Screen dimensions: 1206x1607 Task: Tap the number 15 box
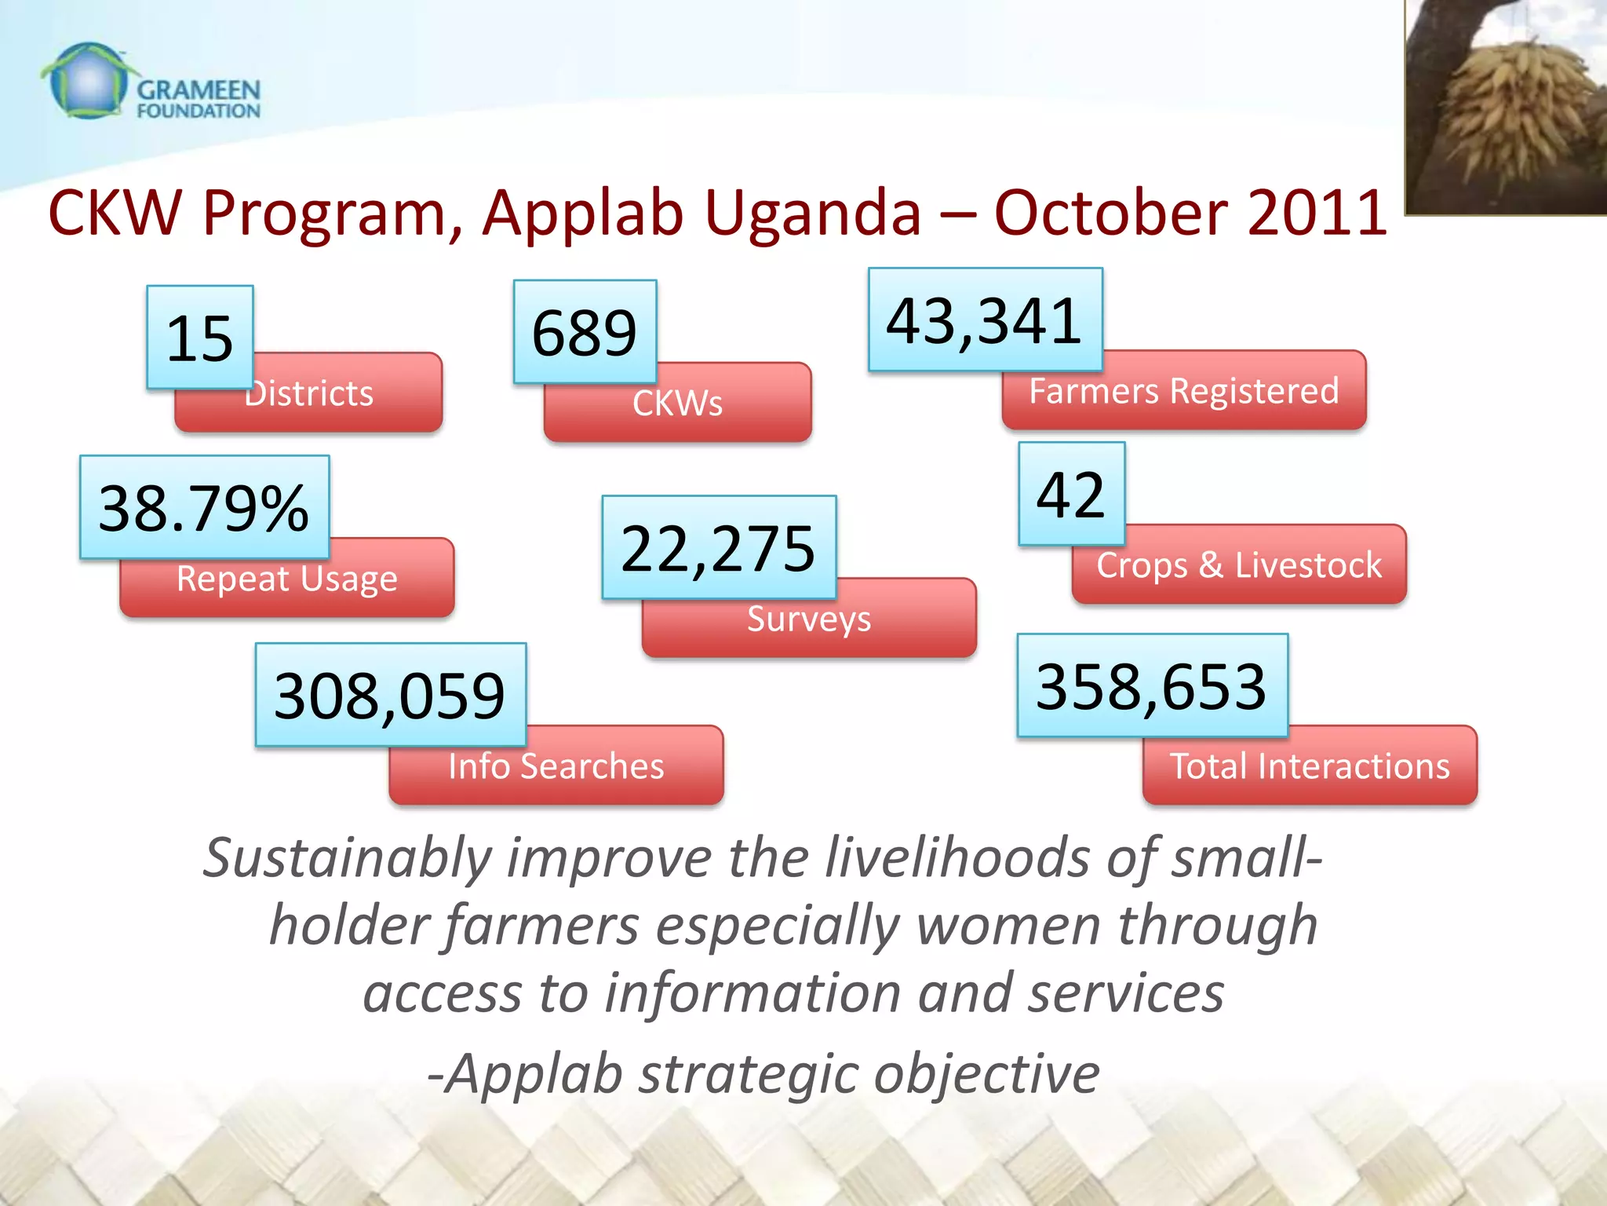[200, 338]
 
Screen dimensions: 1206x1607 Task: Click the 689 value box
[585, 332]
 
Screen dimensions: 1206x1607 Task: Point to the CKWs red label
[678, 404]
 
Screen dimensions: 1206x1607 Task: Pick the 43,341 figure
[985, 320]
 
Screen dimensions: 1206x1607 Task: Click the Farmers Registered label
[1184, 391]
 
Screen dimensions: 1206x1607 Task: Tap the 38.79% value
[204, 507]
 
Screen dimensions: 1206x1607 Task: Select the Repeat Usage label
[287, 579]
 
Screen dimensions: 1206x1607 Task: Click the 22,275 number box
[719, 547]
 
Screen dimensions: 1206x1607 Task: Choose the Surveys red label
[809, 619]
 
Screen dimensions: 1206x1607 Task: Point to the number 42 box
[1071, 494]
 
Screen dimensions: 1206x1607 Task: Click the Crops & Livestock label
[1239, 565]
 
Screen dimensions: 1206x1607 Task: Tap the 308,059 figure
[390, 695]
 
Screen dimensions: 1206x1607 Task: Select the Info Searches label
[556, 766]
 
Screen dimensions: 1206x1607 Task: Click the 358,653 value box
[1152, 685]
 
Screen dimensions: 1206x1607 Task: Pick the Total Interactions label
[1310, 766]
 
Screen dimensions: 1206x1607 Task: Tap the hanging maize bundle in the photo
[1510, 118]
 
